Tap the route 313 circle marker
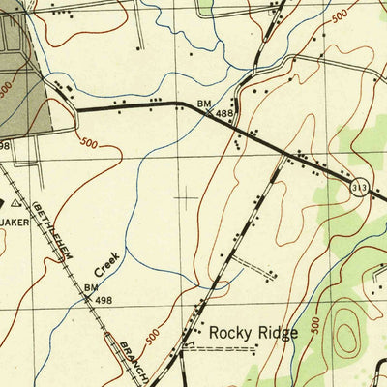point(360,187)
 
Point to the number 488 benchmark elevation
point(224,114)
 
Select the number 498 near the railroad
point(104,300)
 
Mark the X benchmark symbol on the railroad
point(88,300)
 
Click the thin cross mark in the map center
point(185,197)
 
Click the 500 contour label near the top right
point(339,16)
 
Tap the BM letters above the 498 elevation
point(91,287)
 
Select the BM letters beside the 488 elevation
point(204,103)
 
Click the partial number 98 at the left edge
point(5,146)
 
